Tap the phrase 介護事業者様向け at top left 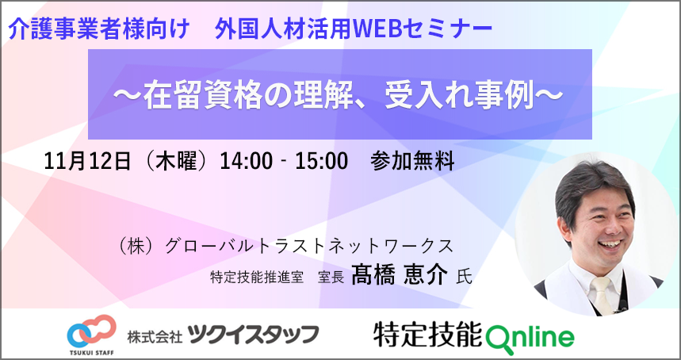coord(99,30)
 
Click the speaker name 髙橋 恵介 coord(399,276)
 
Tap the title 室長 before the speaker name coord(331,278)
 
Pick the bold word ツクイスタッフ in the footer coord(254,334)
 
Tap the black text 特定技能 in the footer coord(428,335)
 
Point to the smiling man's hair coord(594,186)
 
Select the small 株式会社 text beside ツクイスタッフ coord(155,335)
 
